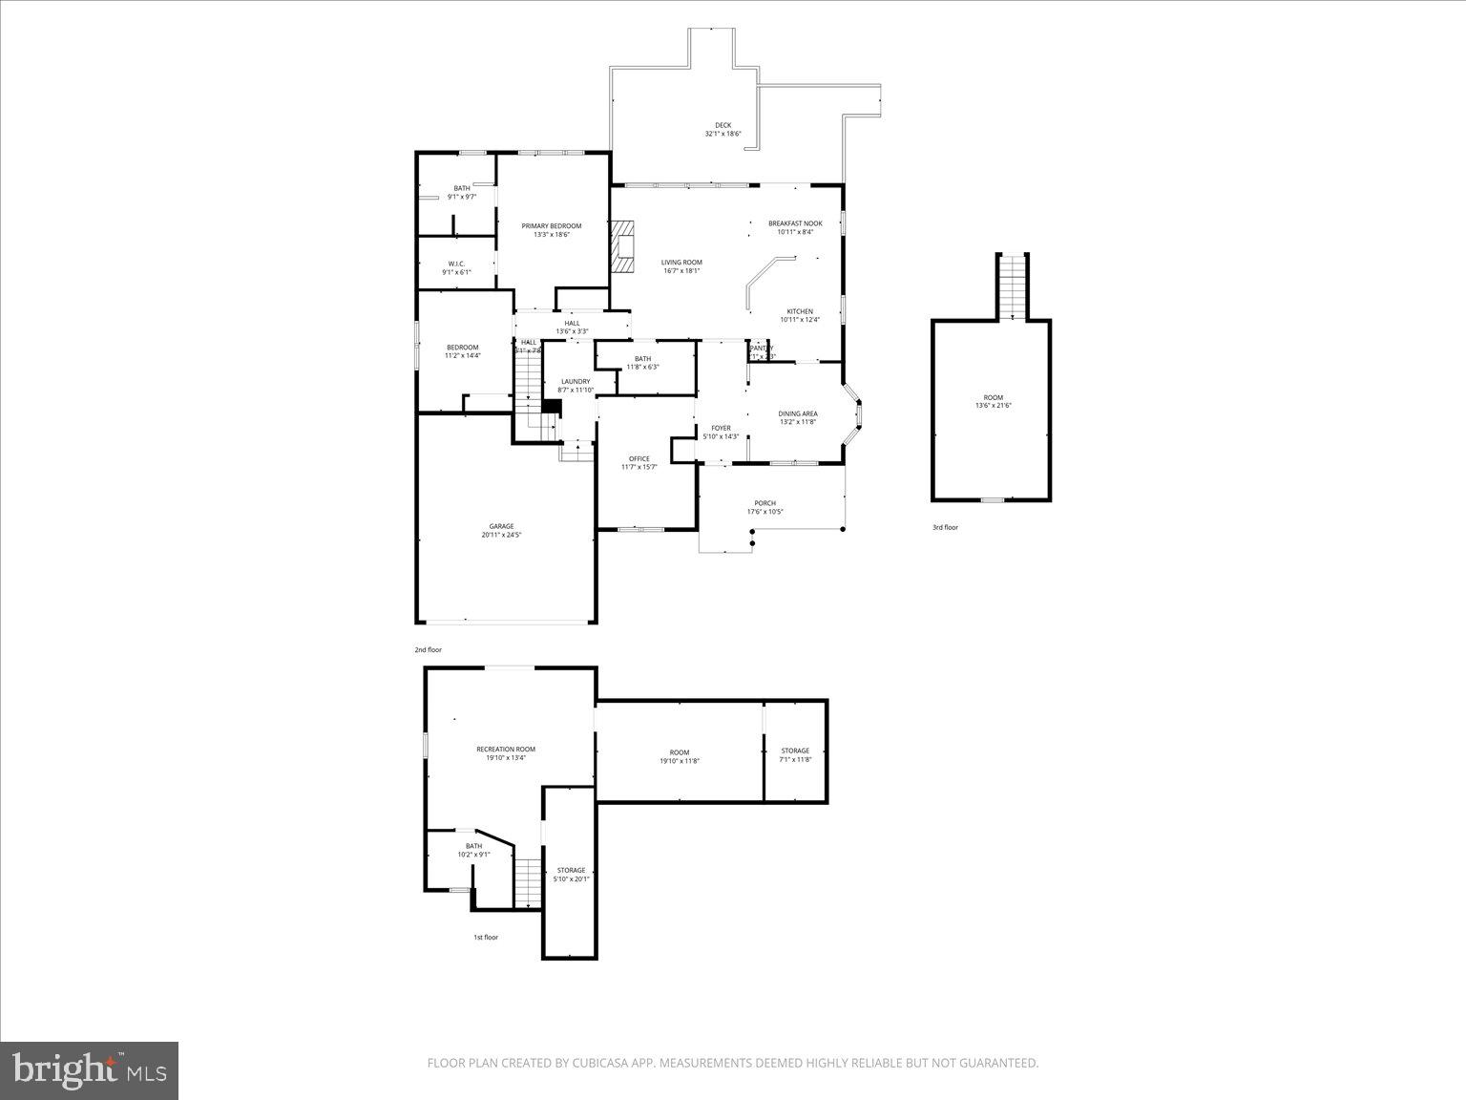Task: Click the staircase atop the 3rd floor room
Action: [1012, 286]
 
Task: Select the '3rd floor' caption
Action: [945, 527]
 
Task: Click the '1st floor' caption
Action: [486, 938]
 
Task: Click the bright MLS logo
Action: [90, 1070]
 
